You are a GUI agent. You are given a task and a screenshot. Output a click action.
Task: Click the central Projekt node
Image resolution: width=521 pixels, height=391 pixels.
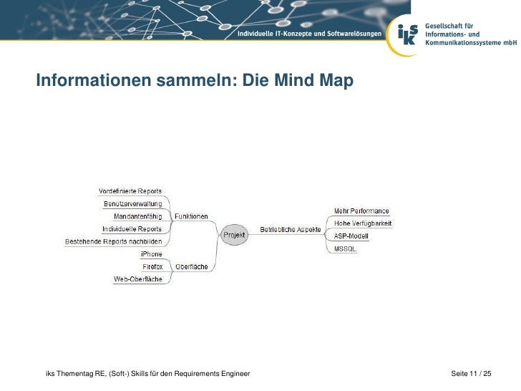point(234,234)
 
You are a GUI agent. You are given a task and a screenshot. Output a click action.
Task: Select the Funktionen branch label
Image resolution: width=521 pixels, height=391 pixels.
point(191,216)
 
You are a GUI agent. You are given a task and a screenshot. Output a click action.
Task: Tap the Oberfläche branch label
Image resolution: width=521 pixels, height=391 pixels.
point(192,266)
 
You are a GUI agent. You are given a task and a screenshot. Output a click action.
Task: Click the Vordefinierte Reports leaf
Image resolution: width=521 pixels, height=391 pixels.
point(130,190)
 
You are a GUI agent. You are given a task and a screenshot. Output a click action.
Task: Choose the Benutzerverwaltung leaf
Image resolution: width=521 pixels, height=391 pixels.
point(133,203)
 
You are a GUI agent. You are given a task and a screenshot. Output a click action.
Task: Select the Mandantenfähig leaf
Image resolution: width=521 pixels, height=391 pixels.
point(138,216)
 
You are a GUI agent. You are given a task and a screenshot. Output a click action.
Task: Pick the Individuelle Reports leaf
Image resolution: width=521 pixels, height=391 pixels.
point(132,229)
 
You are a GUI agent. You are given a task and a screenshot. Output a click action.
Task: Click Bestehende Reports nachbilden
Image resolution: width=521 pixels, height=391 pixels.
point(114,241)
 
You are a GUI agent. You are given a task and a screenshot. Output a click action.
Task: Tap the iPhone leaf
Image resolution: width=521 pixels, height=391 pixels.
point(152,254)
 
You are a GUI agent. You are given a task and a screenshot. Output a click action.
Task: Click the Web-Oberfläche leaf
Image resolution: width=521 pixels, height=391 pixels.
point(138,279)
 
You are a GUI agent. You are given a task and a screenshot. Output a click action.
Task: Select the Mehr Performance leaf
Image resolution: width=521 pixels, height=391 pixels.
point(361,211)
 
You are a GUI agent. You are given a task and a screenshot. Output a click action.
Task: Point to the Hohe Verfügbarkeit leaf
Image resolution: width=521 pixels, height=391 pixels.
point(363,223)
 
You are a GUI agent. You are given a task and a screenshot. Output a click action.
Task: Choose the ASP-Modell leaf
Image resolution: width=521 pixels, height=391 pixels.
point(351,236)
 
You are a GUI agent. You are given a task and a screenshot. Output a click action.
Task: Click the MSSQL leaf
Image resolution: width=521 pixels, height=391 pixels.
point(345,248)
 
